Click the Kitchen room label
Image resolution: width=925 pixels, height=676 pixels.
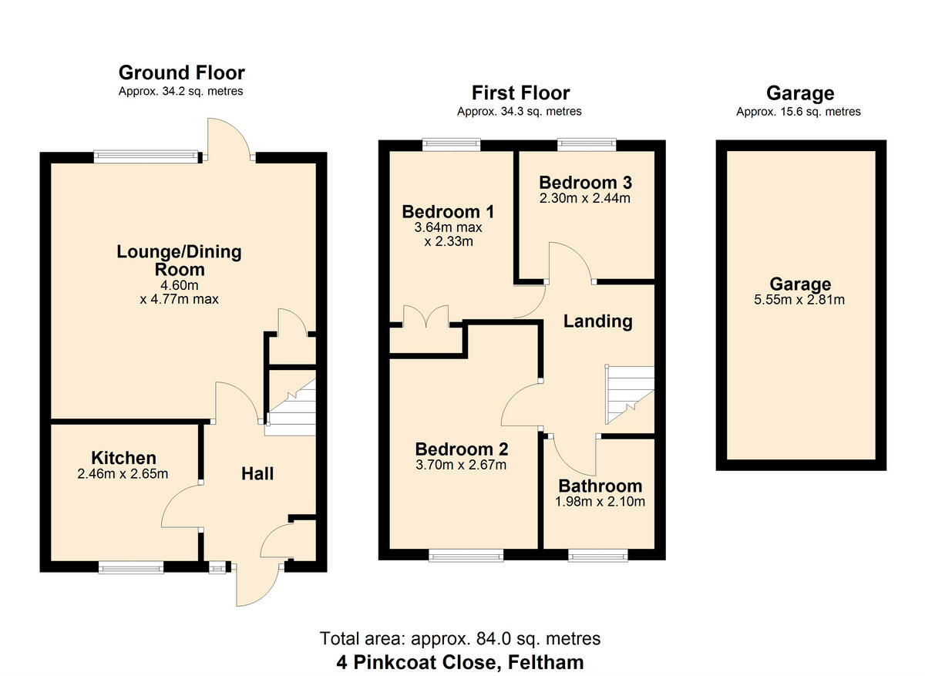tap(123, 458)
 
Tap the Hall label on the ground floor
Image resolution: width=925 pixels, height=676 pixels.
tap(257, 473)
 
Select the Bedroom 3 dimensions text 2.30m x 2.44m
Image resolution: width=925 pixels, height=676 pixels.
tap(585, 198)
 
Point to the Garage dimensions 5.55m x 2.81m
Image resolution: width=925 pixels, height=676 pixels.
tap(799, 299)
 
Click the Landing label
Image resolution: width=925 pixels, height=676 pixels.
tap(598, 321)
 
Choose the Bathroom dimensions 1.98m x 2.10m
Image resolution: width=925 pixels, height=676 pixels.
tap(600, 501)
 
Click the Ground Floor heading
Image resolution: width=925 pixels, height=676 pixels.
tap(182, 72)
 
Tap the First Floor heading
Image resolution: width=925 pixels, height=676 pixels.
tap(521, 93)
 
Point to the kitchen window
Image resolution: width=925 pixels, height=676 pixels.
tap(131, 567)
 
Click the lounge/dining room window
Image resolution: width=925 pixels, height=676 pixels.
tap(146, 157)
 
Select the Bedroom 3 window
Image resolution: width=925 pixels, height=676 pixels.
tap(587, 144)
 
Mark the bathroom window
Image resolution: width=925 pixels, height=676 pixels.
tap(598, 556)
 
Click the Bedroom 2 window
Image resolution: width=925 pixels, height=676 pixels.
tap(466, 556)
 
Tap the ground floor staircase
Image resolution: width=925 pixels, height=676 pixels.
tap(290, 408)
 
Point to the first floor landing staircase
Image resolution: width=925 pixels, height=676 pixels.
tap(630, 395)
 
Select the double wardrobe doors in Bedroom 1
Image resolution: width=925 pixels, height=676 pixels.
tap(425, 317)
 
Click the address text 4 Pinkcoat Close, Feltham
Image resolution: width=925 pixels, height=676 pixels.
tap(460, 662)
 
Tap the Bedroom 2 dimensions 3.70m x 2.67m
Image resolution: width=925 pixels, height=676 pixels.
tap(461, 465)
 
